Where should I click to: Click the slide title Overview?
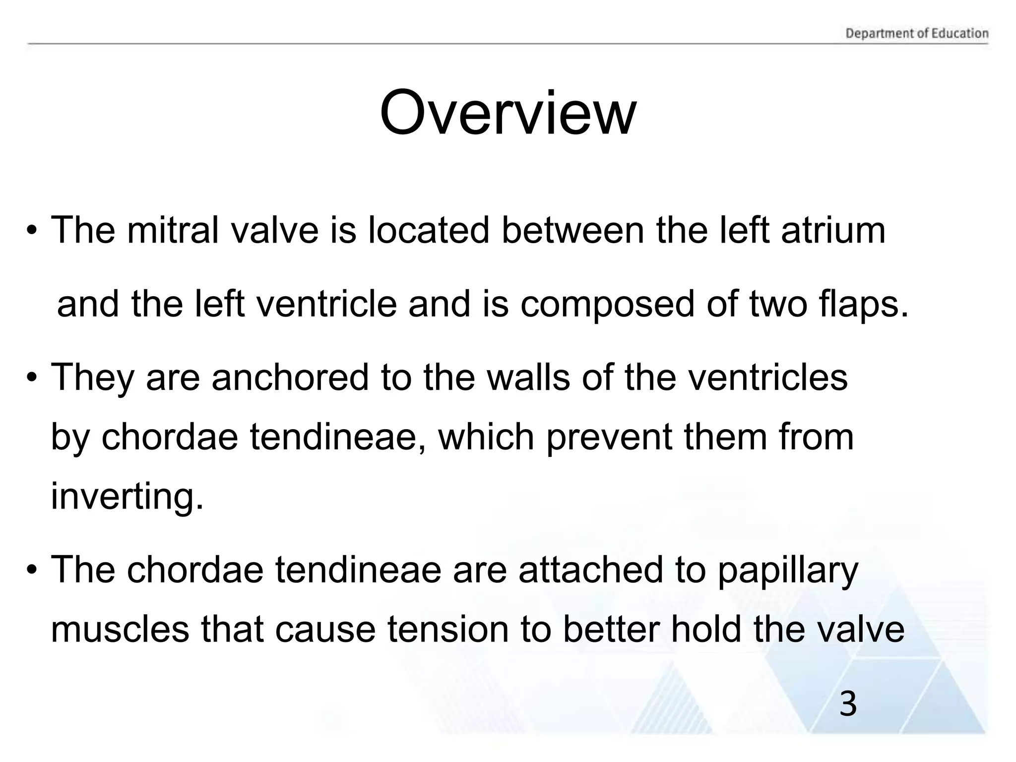tap(508, 113)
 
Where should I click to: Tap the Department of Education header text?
tap(917, 33)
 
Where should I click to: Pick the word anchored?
tap(290, 377)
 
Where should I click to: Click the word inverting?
tap(127, 497)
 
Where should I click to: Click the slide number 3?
tap(848, 704)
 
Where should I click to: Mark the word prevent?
tap(609, 437)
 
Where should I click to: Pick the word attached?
tap(591, 570)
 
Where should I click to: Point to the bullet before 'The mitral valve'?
tap(32, 232)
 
